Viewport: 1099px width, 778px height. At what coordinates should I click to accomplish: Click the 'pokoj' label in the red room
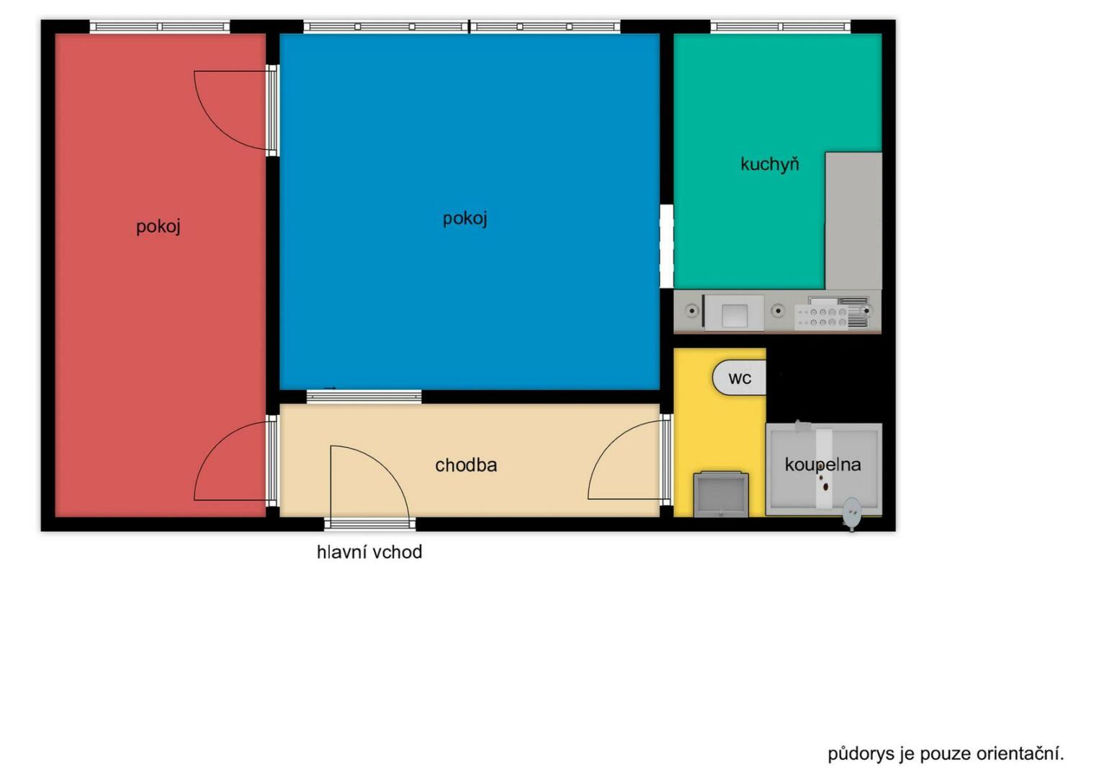(158, 227)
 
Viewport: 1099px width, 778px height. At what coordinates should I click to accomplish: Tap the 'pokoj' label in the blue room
(465, 218)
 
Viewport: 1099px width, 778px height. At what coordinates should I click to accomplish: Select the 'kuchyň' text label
(769, 164)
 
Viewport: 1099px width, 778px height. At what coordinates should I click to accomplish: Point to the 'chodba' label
(466, 465)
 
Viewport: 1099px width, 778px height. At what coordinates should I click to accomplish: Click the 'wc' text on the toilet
(740, 378)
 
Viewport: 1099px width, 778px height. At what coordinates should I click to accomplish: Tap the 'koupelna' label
(822, 465)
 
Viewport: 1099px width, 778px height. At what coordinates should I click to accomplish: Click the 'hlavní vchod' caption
(369, 553)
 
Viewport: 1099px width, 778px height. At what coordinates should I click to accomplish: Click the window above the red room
(159, 27)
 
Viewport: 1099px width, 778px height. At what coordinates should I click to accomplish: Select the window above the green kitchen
(780, 27)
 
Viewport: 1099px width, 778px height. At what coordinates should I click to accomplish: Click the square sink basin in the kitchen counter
(735, 315)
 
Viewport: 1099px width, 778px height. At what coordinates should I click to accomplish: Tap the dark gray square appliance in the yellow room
(721, 494)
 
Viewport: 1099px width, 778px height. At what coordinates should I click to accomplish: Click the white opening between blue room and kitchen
(666, 246)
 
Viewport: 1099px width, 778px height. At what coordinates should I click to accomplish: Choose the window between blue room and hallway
(364, 396)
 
